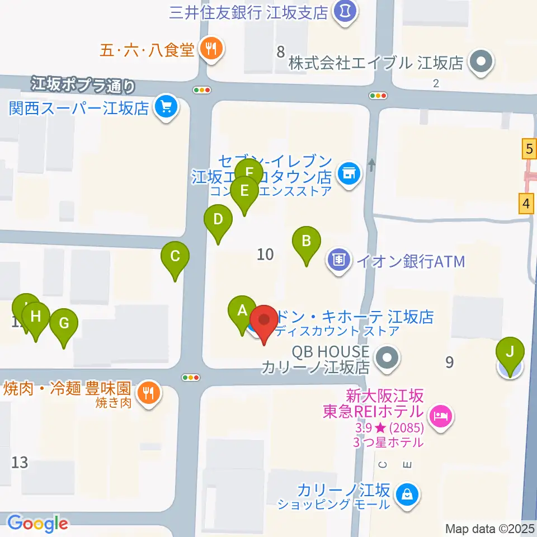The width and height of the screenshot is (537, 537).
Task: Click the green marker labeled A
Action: coord(242,310)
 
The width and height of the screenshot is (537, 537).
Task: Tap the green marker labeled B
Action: coord(307,241)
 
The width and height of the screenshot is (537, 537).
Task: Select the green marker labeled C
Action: coord(175,257)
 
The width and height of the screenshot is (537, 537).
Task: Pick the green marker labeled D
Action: coord(218,219)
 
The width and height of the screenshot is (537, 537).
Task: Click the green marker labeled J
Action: coord(510,352)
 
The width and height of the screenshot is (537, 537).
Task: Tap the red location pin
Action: coord(264,321)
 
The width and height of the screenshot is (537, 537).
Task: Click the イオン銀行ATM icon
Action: coord(339,260)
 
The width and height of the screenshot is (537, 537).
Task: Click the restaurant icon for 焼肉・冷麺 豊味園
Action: coord(148,392)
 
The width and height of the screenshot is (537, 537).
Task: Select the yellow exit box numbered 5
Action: coord(528,149)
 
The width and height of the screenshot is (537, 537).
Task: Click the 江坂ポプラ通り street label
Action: coord(83,84)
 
